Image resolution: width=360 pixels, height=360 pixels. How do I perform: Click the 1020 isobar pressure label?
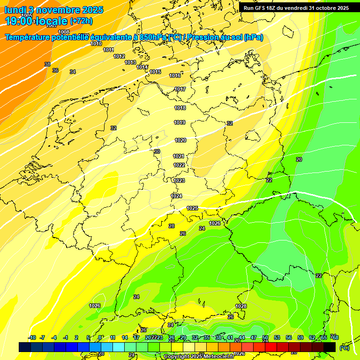pyautogui.click(x=180, y=140)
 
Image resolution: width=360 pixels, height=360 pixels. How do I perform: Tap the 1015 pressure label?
pyautogui.click(x=156, y=72)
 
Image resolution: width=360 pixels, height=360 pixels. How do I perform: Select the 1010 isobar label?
pyautogui.click(x=96, y=44)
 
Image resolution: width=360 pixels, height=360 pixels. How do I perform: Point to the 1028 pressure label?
pyautogui.click(x=241, y=306)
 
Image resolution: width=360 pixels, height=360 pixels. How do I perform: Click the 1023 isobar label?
pyautogui.click(x=179, y=180)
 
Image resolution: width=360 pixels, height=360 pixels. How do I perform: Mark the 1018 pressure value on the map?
pyautogui.click(x=180, y=108)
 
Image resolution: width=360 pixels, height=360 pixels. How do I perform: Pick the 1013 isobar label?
pyautogui.click(x=130, y=62)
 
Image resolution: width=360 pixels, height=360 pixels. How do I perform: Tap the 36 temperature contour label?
pyautogui.click(x=55, y=70)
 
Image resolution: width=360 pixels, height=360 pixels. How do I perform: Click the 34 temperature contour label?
pyautogui.click(x=73, y=72)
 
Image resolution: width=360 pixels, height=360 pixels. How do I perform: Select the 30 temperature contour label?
pyautogui.click(x=157, y=151)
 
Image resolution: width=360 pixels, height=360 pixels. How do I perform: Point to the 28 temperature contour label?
pyautogui.click(x=172, y=226)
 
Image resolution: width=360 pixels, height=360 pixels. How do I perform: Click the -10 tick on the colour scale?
pyautogui.click(x=32, y=337)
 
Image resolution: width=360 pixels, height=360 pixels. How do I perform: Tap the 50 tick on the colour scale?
pyautogui.click(x=265, y=337)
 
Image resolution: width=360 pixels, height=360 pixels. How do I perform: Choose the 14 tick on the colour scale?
pyautogui.click(x=125, y=337)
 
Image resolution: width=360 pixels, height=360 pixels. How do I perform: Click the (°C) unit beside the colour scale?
pyautogui.click(x=344, y=348)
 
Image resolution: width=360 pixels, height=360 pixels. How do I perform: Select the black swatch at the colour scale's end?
pyautogui.click(x=330, y=347)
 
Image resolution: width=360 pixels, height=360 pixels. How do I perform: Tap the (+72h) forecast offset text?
pyautogui.click(x=81, y=21)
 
